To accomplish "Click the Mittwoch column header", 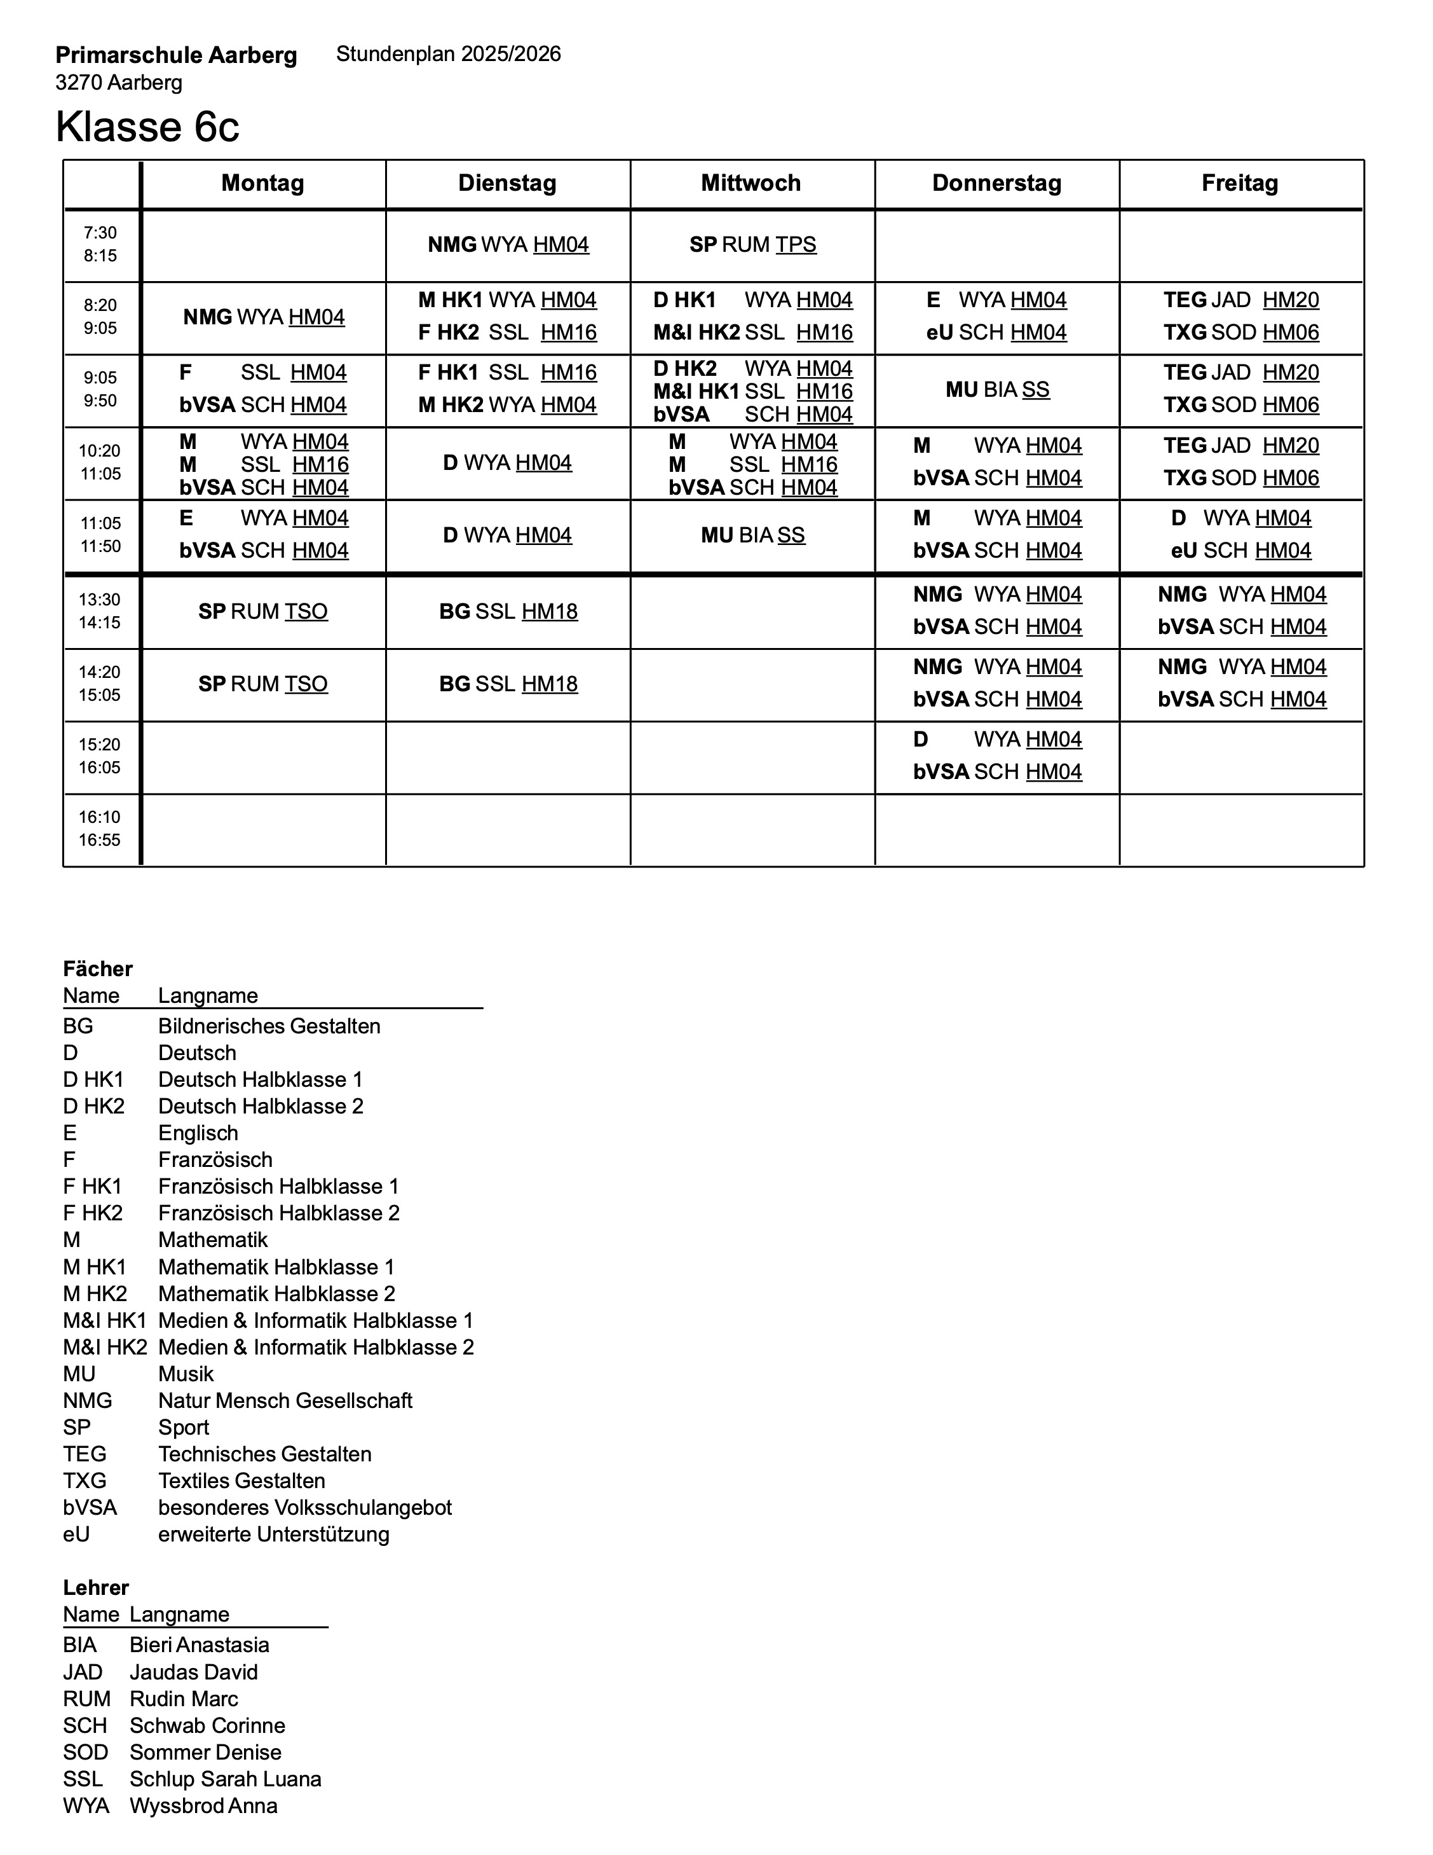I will [x=751, y=183].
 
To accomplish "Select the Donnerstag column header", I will [x=996, y=183].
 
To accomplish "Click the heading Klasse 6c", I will [x=147, y=127].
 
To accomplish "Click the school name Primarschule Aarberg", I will [x=176, y=56].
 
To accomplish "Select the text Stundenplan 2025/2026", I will [x=448, y=54].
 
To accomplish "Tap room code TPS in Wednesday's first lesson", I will [x=796, y=245].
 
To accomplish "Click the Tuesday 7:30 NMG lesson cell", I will [x=508, y=245].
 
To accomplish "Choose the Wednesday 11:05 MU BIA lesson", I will [x=752, y=535].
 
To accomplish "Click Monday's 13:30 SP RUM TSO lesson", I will [x=263, y=612].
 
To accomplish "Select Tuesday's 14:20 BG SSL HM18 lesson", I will [x=508, y=684].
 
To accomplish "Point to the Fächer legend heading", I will [x=98, y=969].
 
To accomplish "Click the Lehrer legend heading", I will [x=96, y=1587].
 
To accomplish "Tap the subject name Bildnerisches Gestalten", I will [x=269, y=1026].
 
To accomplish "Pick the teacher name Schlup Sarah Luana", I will [x=226, y=1779].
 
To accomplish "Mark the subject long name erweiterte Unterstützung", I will [x=273, y=1534].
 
